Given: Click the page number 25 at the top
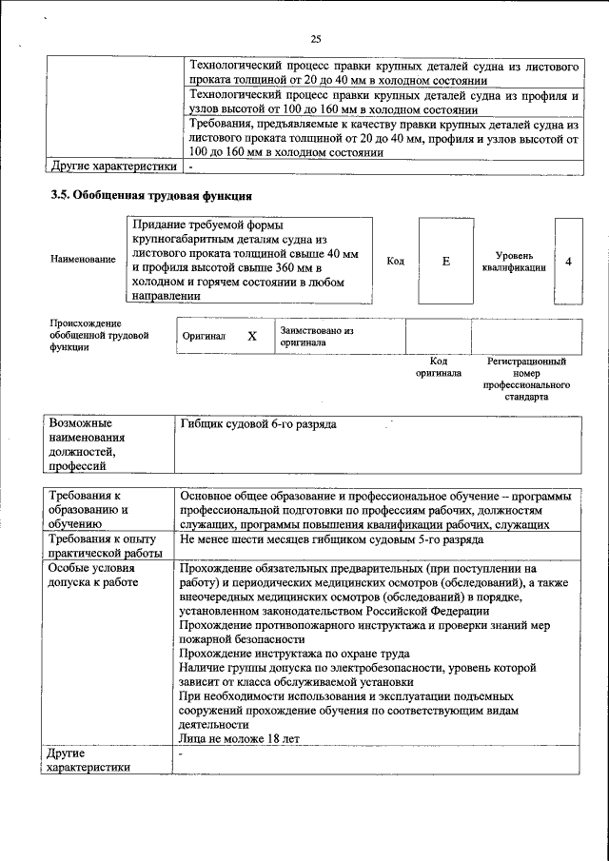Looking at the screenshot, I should coord(316,39).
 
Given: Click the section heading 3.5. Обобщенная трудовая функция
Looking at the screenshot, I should coord(151,196).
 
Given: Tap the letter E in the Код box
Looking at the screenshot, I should coord(445,261).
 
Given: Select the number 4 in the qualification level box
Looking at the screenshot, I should coord(568,261).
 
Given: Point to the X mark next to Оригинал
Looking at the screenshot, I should coord(252,336).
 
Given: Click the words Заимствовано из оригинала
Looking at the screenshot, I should coord(317,336).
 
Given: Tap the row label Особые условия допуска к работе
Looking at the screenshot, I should coord(91,575).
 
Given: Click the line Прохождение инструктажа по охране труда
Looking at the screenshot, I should coord(293,654).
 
